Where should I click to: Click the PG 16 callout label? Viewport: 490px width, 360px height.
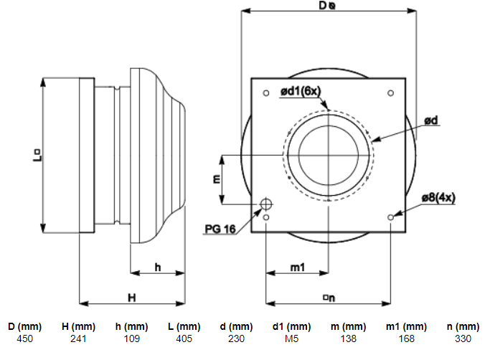(x=220, y=229)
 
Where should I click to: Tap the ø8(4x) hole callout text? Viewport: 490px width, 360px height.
(x=438, y=198)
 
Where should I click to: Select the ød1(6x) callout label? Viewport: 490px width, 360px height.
(x=301, y=91)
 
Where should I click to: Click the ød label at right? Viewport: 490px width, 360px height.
(x=431, y=120)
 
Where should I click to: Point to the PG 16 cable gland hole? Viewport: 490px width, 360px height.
(x=266, y=204)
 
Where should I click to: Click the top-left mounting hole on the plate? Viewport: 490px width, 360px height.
(x=266, y=93)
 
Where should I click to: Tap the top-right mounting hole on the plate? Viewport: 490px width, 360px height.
(x=390, y=93)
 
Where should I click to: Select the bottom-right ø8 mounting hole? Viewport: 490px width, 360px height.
(x=390, y=217)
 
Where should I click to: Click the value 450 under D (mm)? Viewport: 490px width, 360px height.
(x=24, y=338)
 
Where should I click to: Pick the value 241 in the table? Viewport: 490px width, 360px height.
(x=78, y=338)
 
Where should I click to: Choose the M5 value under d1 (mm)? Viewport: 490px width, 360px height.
(x=291, y=338)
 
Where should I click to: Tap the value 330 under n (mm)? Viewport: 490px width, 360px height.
(x=463, y=338)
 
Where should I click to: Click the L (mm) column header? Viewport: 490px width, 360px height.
(x=184, y=326)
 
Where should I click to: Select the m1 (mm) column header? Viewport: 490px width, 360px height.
(x=406, y=326)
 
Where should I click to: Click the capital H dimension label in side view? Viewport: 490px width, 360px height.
(x=132, y=298)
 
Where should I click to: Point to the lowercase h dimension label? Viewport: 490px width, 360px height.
(x=158, y=267)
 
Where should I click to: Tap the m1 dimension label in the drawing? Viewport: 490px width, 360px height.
(x=298, y=267)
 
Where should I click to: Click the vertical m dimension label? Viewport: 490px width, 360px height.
(x=216, y=179)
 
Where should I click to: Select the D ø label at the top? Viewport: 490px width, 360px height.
(x=327, y=5)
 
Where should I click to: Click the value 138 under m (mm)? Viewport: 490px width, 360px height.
(x=348, y=338)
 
